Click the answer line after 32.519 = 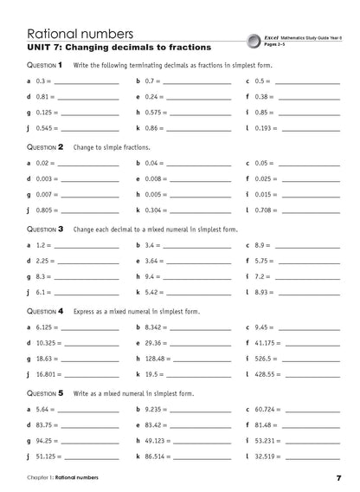click(323, 456)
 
